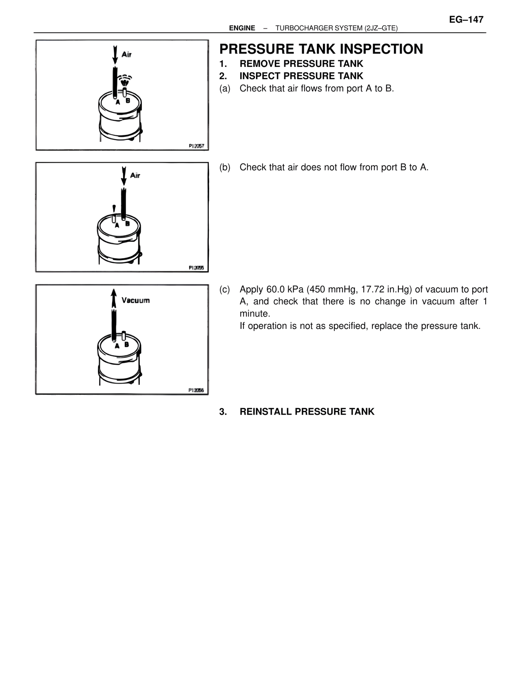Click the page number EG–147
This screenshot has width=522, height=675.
coord(466,20)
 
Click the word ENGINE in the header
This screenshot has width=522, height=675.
coord(242,28)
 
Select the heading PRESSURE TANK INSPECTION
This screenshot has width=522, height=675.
coord(321,49)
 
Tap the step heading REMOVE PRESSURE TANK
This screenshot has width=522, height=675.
coord(301,64)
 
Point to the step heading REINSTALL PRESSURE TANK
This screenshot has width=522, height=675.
coord(307,412)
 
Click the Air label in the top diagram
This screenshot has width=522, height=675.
coord(126,54)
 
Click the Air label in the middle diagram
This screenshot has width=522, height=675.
coord(135,175)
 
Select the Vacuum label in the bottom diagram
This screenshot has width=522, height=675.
coord(135,300)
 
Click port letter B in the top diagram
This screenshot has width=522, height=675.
coord(128,100)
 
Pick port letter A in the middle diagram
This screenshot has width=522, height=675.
coord(117,225)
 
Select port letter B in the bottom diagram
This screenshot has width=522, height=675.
coord(127,344)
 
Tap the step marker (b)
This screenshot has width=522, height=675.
coord(225,167)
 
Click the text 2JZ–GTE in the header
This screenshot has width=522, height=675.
coord(381,28)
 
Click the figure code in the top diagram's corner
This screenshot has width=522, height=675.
coord(196,146)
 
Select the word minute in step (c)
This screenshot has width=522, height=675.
coord(253,314)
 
